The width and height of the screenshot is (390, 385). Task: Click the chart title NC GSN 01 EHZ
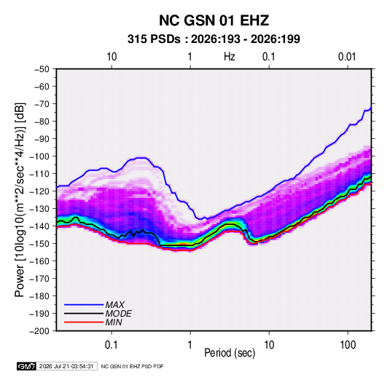click(214, 20)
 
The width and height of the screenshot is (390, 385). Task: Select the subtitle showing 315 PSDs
click(214, 39)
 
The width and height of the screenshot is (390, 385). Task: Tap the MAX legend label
click(114, 305)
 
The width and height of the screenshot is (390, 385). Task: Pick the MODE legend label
click(118, 314)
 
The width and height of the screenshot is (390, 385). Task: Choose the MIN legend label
click(114, 322)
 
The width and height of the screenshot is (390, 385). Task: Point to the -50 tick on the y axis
click(42, 69)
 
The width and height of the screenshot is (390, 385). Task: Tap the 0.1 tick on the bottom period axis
click(112, 344)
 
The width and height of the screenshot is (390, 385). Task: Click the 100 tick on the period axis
click(348, 344)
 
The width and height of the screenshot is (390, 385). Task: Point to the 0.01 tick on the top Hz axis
click(347, 57)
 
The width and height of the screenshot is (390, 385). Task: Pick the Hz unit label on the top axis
click(230, 57)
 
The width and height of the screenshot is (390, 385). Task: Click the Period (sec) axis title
click(230, 353)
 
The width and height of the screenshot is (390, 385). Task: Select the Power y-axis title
click(20, 199)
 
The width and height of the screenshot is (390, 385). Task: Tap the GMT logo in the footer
click(27, 366)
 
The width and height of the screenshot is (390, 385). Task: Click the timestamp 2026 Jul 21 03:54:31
click(66, 366)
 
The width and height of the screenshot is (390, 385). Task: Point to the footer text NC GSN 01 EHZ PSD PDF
click(133, 366)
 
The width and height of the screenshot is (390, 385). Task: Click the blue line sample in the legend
click(84, 305)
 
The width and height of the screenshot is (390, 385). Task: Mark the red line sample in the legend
click(84, 322)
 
